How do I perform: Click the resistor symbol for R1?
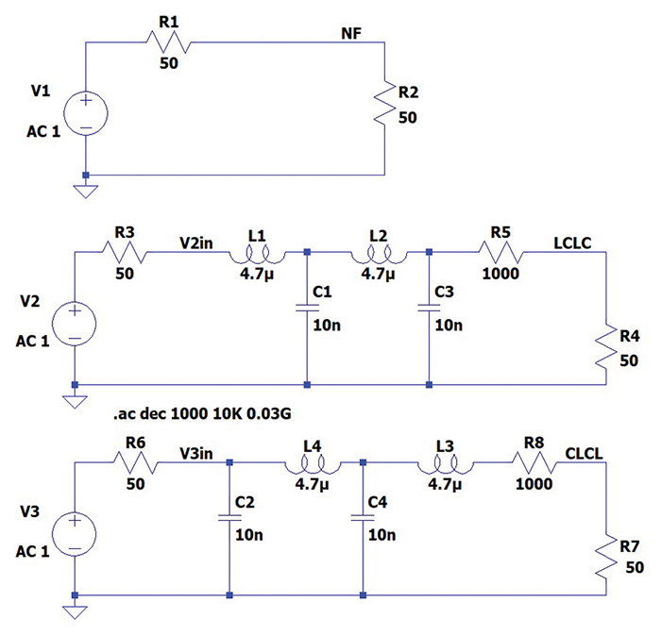click(169, 42)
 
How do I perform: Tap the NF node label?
click(351, 34)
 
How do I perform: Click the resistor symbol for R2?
click(384, 105)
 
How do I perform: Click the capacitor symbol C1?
click(308, 307)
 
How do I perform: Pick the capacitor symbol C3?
click(429, 307)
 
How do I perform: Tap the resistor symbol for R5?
click(501, 252)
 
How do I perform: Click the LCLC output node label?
click(572, 243)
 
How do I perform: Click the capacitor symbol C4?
click(363, 517)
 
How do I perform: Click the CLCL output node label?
click(585, 453)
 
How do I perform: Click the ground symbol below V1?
click(85, 191)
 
